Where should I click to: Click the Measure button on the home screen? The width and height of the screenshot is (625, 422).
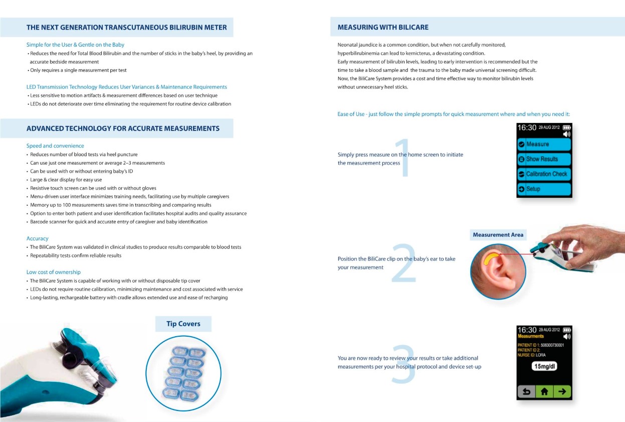[x=544, y=145]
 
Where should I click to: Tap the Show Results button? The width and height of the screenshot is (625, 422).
[x=544, y=159]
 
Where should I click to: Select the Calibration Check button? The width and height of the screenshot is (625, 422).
[x=544, y=174]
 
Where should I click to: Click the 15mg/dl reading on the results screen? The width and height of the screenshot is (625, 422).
[x=544, y=366]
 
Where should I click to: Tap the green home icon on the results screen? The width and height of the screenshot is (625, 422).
[x=544, y=391]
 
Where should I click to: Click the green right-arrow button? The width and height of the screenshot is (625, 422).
[x=562, y=391]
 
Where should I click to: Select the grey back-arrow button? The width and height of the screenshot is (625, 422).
[x=526, y=391]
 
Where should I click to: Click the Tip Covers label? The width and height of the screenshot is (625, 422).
[x=183, y=324]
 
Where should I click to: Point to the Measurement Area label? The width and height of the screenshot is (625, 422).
[x=498, y=235]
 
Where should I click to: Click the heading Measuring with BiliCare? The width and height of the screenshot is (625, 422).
[x=383, y=27]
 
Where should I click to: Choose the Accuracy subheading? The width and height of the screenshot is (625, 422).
[x=38, y=238]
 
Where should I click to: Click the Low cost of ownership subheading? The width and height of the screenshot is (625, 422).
[x=54, y=272]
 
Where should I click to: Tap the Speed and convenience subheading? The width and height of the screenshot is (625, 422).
[x=55, y=146]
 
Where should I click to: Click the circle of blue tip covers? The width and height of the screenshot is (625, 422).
[x=183, y=373]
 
